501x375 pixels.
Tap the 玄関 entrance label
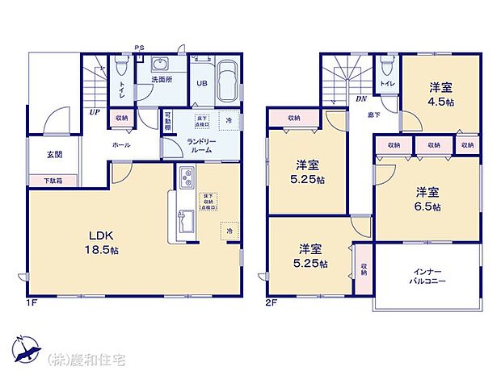44,155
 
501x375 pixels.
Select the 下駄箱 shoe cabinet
44,181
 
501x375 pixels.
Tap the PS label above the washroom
139,47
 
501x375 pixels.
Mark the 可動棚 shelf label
167,123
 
